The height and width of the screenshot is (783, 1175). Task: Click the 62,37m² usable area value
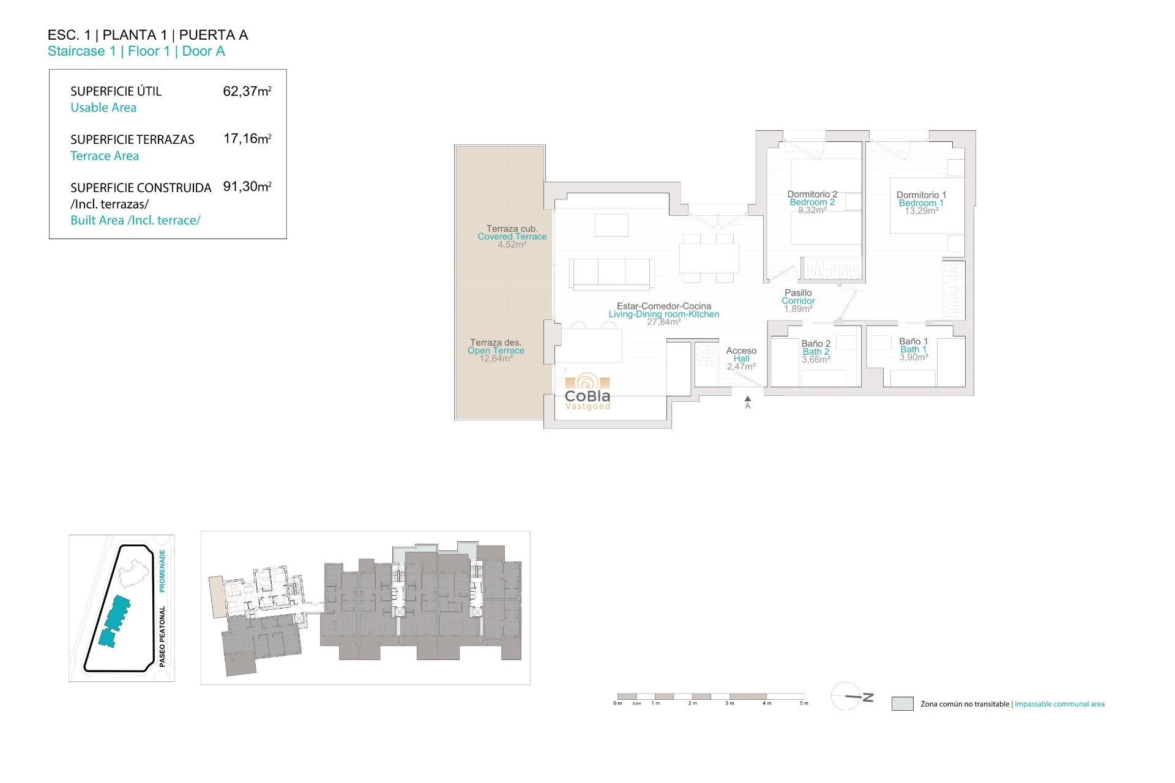[x=247, y=91]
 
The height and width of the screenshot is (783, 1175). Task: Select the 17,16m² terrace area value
[x=247, y=139]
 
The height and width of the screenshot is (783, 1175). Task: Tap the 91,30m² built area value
[x=247, y=187]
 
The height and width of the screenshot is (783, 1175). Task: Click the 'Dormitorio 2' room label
[x=812, y=194]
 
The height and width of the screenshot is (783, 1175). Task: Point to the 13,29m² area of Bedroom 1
[x=922, y=211]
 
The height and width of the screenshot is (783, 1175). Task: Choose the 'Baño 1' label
[x=913, y=341]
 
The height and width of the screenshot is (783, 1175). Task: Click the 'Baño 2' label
[x=816, y=344]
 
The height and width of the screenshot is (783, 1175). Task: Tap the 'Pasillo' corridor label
[x=798, y=293]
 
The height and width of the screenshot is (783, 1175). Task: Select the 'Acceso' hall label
[x=741, y=351]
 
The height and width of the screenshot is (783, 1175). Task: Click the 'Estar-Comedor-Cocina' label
[x=664, y=306]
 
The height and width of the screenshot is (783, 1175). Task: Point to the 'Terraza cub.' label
[x=512, y=229]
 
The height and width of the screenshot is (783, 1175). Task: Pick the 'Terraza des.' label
[x=495, y=343]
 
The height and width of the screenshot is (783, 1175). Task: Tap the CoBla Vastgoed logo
[x=587, y=391]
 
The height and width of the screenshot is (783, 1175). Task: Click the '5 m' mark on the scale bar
[x=804, y=703]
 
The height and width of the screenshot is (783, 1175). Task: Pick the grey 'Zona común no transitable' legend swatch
[x=902, y=703]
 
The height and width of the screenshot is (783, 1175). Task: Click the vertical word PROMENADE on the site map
[x=162, y=570]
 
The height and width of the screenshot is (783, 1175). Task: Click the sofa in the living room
[x=611, y=273]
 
